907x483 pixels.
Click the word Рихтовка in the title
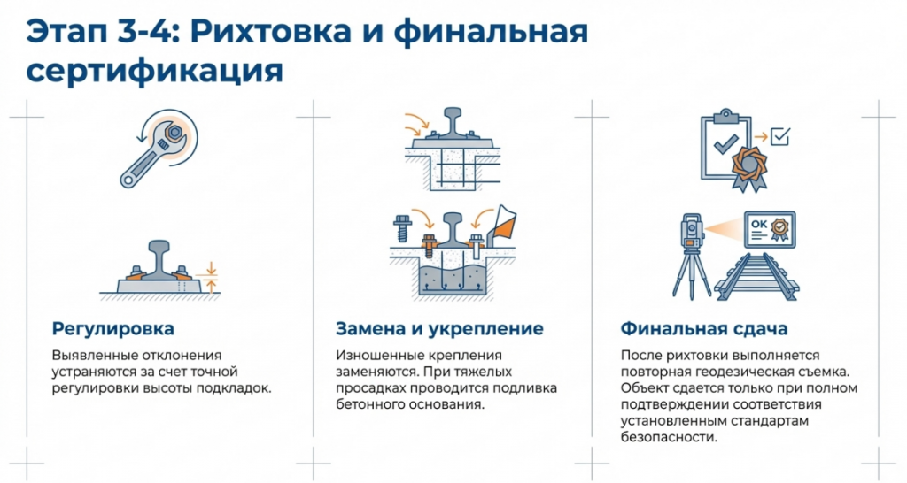(x=270, y=32)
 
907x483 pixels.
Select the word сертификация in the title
(x=155, y=71)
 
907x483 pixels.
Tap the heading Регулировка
(x=112, y=329)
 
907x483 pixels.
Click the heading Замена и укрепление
(x=439, y=329)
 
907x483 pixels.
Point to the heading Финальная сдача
(x=704, y=329)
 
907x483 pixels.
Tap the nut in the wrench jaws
(x=174, y=134)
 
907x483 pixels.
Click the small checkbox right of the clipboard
(x=780, y=137)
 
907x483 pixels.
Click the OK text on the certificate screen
(x=759, y=224)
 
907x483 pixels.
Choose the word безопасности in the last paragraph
(x=669, y=437)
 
